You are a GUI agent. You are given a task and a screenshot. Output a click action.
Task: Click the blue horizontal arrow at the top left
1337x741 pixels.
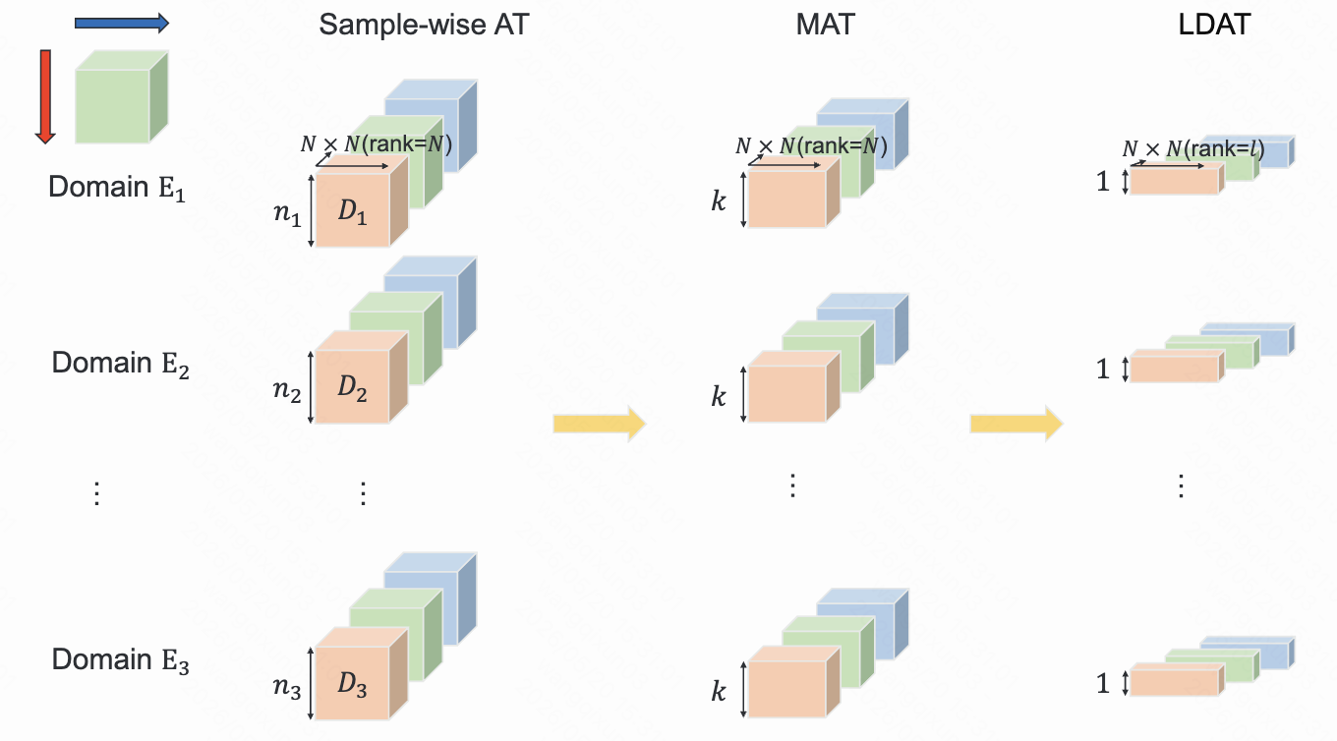(122, 24)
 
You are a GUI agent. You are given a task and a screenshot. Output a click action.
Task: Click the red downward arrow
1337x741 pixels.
(45, 96)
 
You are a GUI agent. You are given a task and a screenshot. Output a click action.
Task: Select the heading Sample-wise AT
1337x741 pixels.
(424, 25)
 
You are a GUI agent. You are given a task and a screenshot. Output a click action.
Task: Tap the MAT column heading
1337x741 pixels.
(826, 25)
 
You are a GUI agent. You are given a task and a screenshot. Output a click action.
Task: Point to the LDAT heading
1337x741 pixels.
(1214, 25)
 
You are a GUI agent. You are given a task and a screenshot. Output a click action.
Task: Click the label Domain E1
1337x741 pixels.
(117, 188)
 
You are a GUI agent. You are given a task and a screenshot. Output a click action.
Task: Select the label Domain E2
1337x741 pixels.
(121, 364)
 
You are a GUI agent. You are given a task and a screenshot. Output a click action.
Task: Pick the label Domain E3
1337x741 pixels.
(121, 660)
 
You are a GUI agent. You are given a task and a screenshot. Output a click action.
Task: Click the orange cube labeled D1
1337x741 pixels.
(362, 201)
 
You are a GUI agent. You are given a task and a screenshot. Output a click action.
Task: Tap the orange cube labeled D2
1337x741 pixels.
(362, 377)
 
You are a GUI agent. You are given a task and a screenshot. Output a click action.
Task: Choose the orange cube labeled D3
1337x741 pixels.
(362, 673)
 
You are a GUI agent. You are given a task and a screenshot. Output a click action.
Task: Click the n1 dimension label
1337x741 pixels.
(287, 213)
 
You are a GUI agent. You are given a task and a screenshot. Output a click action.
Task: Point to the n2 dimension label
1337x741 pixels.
(287, 390)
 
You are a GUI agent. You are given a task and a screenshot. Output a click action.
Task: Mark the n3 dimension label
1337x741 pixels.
(287, 687)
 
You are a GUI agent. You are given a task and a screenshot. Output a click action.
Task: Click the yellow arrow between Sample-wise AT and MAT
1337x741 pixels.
(600, 424)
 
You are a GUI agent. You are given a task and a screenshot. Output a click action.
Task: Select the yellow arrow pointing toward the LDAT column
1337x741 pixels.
(1017, 424)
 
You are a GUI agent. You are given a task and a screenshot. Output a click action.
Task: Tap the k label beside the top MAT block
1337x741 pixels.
(719, 201)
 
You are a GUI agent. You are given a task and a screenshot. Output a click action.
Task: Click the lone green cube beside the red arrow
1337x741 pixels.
(122, 96)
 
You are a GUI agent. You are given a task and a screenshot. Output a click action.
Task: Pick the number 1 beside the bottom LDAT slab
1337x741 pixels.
(1103, 684)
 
